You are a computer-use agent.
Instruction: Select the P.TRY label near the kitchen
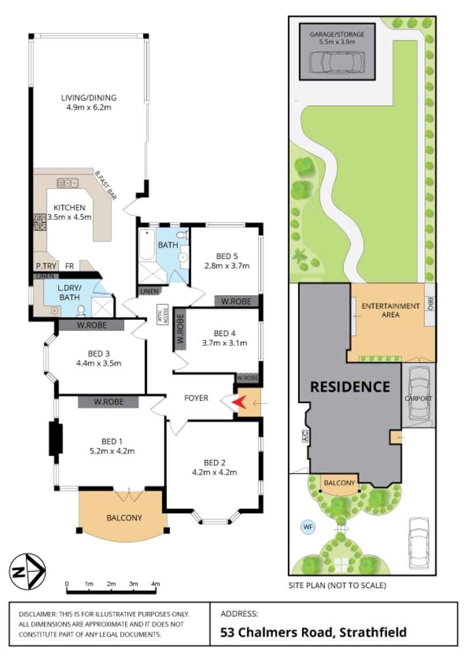coord(44,266)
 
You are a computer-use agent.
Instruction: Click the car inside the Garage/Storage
coord(337,61)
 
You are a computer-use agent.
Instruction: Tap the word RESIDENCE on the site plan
coord(350,386)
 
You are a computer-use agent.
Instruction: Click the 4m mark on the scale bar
coord(155,584)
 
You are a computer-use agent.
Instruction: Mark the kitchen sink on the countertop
coord(67,183)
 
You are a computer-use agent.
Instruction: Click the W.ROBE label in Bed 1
coord(109,402)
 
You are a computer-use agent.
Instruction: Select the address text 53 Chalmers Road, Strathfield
coord(314,632)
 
